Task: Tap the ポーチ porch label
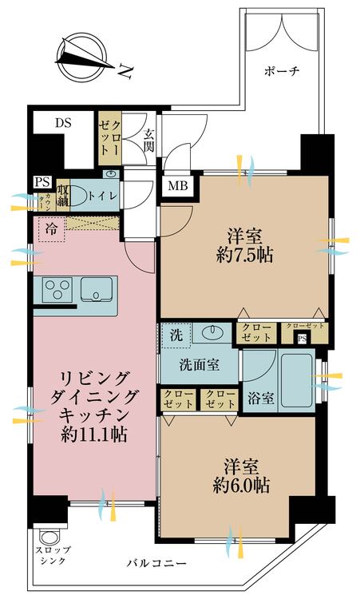(281, 70)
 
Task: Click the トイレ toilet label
(101, 194)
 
